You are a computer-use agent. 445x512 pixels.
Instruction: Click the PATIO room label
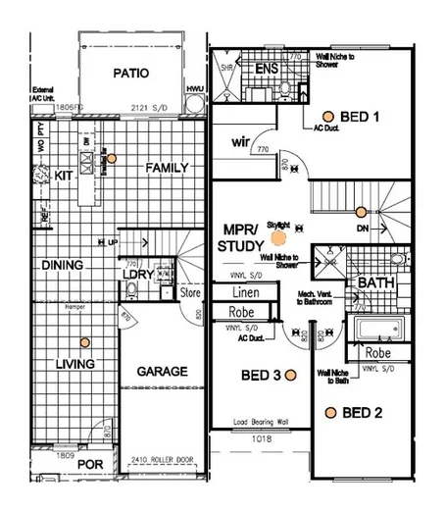129,73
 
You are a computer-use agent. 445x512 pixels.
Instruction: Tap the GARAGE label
162,372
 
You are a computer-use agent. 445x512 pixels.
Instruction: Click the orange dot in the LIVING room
85,342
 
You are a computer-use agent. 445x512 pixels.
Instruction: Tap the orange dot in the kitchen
113,158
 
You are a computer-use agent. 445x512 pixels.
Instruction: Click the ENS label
267,69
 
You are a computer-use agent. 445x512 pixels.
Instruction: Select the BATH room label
375,282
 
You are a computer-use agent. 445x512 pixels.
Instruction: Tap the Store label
190,292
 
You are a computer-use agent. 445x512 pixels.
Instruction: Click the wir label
242,141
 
